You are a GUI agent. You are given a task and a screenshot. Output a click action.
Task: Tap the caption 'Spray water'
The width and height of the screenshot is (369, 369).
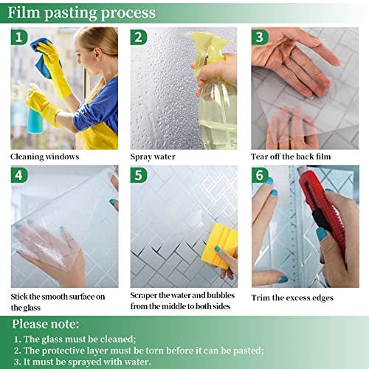tap(153, 156)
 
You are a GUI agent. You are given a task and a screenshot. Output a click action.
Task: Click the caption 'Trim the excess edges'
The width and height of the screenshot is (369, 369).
tap(292, 297)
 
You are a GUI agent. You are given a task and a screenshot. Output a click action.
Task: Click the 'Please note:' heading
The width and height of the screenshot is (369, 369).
tap(46, 324)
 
